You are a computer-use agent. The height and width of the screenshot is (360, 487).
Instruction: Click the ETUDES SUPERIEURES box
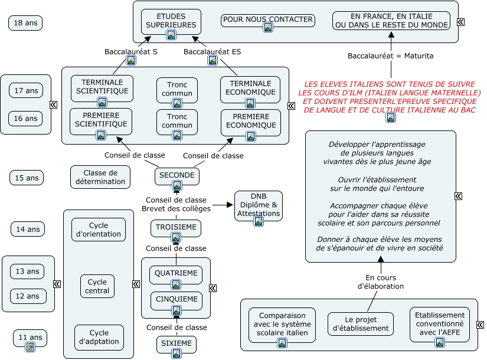pos(171,21)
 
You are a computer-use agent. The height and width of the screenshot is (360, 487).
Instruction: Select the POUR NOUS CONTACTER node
pos(267,19)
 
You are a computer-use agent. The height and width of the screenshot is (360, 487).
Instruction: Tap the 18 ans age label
pos(25,23)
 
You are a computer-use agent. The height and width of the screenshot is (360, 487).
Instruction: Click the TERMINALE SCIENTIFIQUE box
pos(102,87)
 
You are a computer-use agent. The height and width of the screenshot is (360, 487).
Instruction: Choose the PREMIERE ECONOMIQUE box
pos(251,121)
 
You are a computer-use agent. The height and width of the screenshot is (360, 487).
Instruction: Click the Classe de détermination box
pos(100,177)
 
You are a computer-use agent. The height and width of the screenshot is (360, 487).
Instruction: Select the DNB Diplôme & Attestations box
pos(258,205)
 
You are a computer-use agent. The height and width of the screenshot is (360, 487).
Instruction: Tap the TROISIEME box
pos(175,227)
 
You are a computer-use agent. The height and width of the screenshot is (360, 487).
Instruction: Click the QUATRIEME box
pos(175,274)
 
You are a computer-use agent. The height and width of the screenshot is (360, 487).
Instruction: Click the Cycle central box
pos(97,286)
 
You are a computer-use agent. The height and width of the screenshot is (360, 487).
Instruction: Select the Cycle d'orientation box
pos(98,230)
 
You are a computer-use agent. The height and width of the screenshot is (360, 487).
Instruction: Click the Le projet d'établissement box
pos(360,324)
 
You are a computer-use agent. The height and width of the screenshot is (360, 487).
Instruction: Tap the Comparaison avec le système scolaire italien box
pos(282,324)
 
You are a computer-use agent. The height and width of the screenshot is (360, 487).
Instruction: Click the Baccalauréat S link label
pos(130,52)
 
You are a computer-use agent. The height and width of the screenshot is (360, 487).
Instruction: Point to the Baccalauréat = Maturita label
pos(390,56)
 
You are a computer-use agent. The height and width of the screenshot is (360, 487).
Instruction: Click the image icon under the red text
pos(390,117)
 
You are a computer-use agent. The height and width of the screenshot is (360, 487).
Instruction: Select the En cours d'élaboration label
pos(381,282)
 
